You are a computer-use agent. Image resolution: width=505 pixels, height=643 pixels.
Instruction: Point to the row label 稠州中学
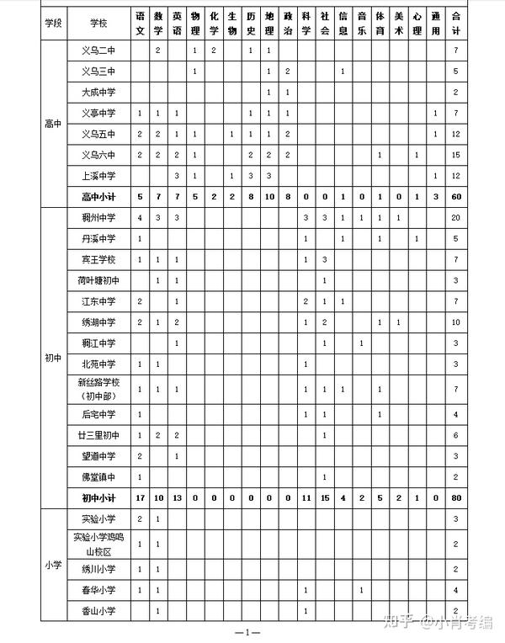click(x=98, y=218)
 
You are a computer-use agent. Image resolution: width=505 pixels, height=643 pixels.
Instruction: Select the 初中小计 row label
click(x=98, y=497)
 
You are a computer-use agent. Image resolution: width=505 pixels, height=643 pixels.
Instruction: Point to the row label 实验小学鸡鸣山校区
click(x=98, y=544)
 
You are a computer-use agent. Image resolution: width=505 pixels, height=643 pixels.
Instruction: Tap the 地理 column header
click(x=268, y=23)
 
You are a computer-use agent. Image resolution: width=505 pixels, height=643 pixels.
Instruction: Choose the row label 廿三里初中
click(x=98, y=435)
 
